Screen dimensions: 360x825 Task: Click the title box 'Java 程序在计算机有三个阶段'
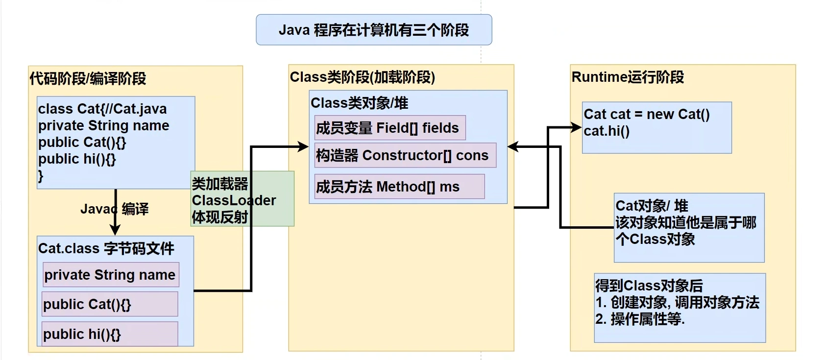pos(374,30)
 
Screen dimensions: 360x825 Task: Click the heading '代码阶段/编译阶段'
pos(88,78)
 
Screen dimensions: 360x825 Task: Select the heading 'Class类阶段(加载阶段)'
pos(363,77)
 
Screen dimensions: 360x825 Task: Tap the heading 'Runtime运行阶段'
pos(628,77)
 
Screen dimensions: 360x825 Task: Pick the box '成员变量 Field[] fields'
pos(389,128)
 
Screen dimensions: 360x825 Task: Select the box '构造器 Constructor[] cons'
pos(404,155)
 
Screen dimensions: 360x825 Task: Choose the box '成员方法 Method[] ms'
pos(399,187)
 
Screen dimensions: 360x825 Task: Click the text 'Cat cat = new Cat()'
pos(647,114)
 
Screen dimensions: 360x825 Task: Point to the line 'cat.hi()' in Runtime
pos(607,131)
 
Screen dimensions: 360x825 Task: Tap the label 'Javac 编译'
pos(115,209)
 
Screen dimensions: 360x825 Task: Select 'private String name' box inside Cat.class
pos(110,275)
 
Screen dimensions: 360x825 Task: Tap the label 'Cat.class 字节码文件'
pos(106,248)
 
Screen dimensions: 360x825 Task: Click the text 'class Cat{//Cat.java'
pos(102,109)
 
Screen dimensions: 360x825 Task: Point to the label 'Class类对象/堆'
pos(359,103)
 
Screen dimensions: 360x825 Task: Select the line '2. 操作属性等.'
pos(640,319)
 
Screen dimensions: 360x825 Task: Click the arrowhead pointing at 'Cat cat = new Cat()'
pos(577,128)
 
